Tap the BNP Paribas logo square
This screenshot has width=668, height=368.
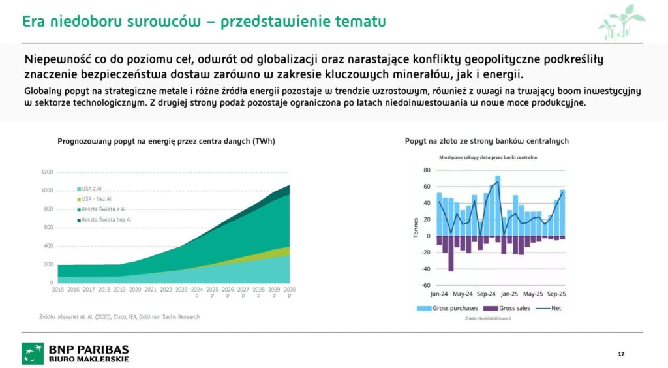pos(32,353)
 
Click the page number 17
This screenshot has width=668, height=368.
pos(620,354)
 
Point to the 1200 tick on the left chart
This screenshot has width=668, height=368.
pos(47,172)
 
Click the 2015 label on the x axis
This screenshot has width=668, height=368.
pos(57,290)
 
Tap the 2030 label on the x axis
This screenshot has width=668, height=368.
pos(290,290)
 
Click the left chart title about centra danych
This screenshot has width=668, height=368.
pos(166,141)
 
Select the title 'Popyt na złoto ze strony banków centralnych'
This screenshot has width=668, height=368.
pos(487,140)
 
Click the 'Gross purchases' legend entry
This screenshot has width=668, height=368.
pos(451,307)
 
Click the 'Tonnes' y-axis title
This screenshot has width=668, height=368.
pos(416,226)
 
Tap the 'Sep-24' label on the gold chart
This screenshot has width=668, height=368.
pos(486,294)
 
